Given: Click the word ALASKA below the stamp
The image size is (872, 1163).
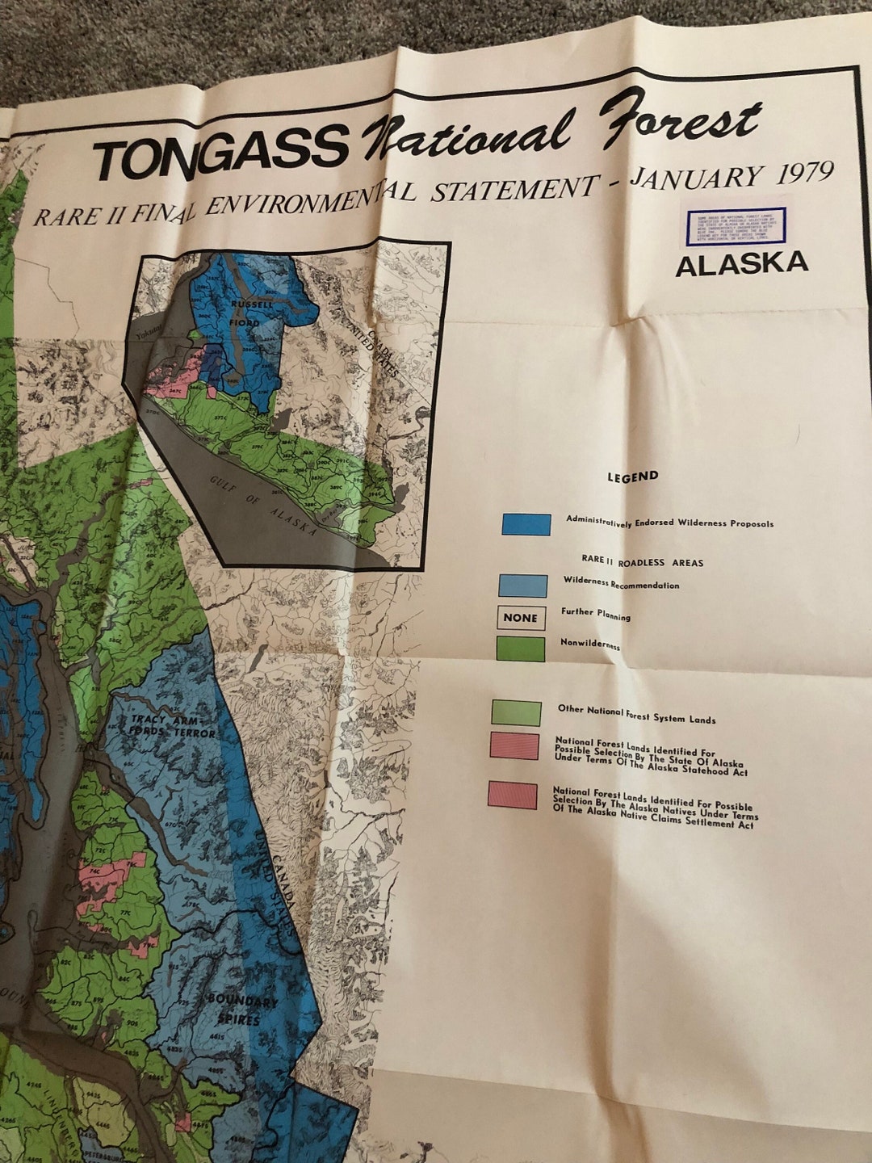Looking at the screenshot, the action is click(x=741, y=264).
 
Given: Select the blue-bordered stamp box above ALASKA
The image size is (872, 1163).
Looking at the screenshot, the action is click(x=736, y=225).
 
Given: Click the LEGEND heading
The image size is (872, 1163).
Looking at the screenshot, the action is click(x=633, y=477).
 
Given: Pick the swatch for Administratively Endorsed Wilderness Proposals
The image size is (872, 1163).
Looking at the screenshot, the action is click(x=526, y=524).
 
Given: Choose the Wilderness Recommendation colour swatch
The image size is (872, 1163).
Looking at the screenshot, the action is click(x=522, y=586).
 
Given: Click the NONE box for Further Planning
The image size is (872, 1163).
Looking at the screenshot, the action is click(x=520, y=618).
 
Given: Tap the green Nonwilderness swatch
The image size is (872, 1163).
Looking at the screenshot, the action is click(x=520, y=649).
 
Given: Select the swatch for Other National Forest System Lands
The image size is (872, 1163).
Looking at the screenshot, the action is click(x=516, y=713).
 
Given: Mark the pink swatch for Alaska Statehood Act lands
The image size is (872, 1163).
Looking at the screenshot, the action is click(x=514, y=746).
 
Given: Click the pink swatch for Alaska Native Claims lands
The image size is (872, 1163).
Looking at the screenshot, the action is click(x=513, y=796).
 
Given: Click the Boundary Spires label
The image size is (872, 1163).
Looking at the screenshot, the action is click(x=242, y=1010).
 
